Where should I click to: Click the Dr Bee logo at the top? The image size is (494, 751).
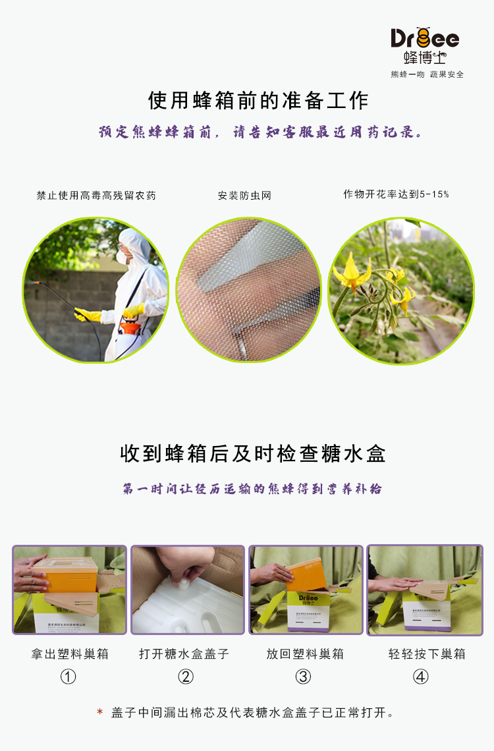(x=425, y=45)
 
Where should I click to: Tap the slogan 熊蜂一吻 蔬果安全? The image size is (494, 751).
(x=427, y=74)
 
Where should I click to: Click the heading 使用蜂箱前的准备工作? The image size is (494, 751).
(x=258, y=101)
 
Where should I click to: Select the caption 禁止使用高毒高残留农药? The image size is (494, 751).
(x=96, y=196)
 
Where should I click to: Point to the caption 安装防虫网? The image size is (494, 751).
(x=244, y=196)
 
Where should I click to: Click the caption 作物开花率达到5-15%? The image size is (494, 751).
(x=396, y=194)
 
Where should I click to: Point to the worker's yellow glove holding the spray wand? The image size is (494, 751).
(x=88, y=315)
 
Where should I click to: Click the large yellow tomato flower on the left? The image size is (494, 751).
(x=352, y=275)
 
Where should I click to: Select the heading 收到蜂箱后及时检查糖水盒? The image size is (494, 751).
(x=253, y=454)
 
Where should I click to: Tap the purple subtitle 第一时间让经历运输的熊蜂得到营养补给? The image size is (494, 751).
(x=252, y=489)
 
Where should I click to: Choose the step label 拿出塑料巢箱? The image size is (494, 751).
(x=70, y=654)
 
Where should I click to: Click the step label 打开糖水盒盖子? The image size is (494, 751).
(x=184, y=654)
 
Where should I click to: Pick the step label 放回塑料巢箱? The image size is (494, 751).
(x=305, y=654)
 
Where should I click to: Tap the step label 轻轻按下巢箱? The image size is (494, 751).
(x=427, y=654)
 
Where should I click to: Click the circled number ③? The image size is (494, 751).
(x=303, y=677)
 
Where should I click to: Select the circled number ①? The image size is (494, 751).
(x=68, y=677)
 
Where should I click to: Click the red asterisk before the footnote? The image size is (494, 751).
(x=99, y=712)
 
